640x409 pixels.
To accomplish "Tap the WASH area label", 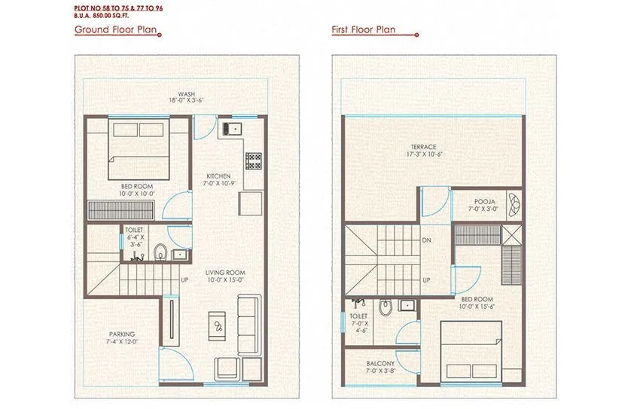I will tap(176, 94).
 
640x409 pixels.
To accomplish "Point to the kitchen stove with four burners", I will tap(253, 160).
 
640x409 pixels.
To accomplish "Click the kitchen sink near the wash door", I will tap(230, 127).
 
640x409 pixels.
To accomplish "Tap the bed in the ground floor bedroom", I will tap(137, 145).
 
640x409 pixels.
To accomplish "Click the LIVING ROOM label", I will tap(225, 273).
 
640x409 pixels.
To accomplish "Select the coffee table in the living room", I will tap(218, 325).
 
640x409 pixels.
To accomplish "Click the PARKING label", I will tap(121, 334).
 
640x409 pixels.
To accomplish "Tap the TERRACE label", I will tap(423, 147).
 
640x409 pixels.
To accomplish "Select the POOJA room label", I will tap(484, 201).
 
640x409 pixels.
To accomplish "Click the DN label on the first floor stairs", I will tap(426, 241).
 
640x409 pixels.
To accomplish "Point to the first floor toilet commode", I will tap(386, 307).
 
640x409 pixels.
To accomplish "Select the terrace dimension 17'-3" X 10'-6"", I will tap(423, 155).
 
